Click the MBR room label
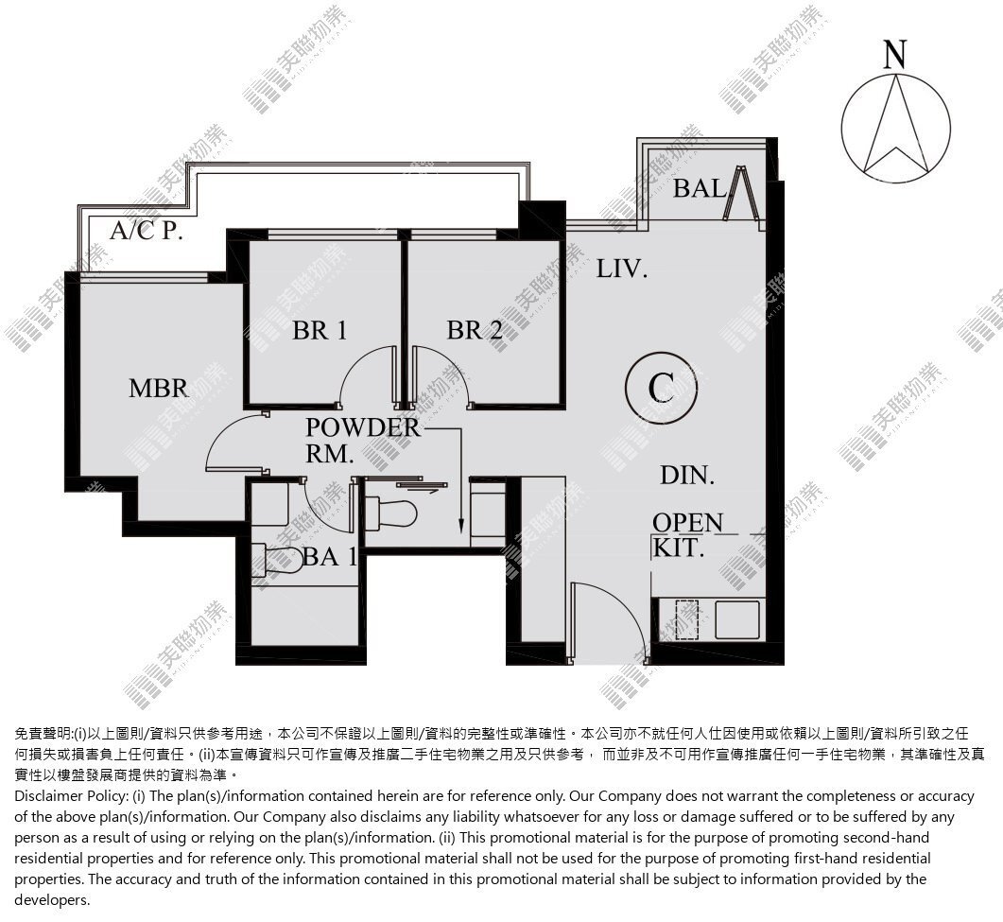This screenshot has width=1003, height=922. (x=158, y=389)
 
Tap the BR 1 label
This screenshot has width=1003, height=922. (x=320, y=330)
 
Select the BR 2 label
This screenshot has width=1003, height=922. (x=474, y=330)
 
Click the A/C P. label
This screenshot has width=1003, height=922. (x=147, y=230)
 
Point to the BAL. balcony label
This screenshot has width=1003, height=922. (x=700, y=188)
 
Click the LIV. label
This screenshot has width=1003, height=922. (x=622, y=269)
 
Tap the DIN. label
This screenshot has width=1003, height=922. (x=687, y=476)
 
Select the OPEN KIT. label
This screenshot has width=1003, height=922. (x=687, y=535)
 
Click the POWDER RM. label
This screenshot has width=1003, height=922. (x=363, y=441)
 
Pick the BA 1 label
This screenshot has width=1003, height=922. (x=329, y=557)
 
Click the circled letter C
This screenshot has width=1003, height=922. (x=661, y=387)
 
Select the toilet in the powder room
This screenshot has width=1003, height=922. (x=389, y=513)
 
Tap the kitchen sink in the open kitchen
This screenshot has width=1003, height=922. (x=737, y=619)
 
